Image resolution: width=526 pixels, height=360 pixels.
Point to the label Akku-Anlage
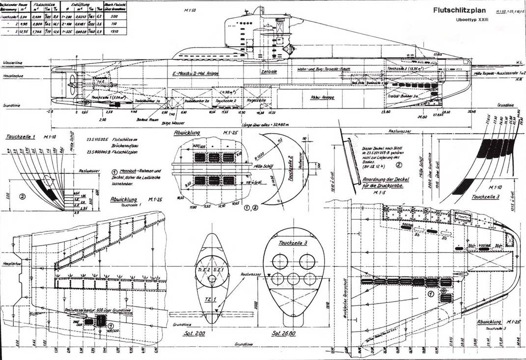(321, 97)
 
